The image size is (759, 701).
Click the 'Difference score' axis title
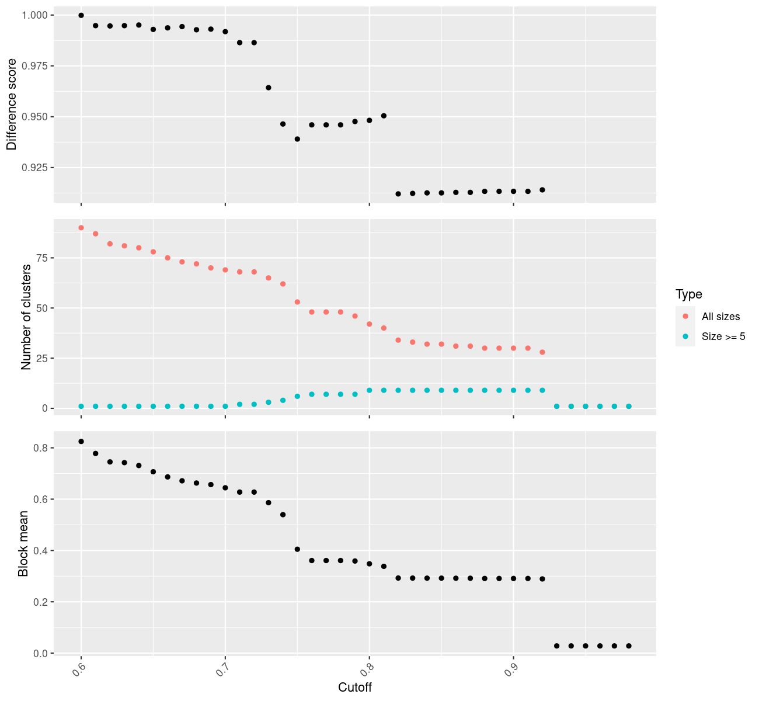pos(12,104)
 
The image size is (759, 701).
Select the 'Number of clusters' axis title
pos(26,317)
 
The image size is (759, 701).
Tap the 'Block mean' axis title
pos(23,543)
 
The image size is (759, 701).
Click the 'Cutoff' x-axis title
pos(355,687)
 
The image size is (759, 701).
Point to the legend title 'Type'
pos(688,294)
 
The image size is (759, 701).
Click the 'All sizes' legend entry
pos(720,317)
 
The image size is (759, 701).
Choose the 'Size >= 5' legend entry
pos(723,336)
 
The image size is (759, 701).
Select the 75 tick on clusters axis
pos(43,258)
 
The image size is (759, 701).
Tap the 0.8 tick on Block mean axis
pos(40,448)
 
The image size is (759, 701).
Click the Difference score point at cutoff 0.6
pos(81,15)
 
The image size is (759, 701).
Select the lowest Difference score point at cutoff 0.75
pos(297,139)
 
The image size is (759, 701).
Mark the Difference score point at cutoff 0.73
pos(269,88)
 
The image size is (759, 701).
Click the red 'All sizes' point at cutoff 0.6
pos(81,228)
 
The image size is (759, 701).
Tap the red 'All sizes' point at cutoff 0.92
pos(542,352)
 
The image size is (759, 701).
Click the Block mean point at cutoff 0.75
pos(297,549)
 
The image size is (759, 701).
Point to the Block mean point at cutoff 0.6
pos(81,442)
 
